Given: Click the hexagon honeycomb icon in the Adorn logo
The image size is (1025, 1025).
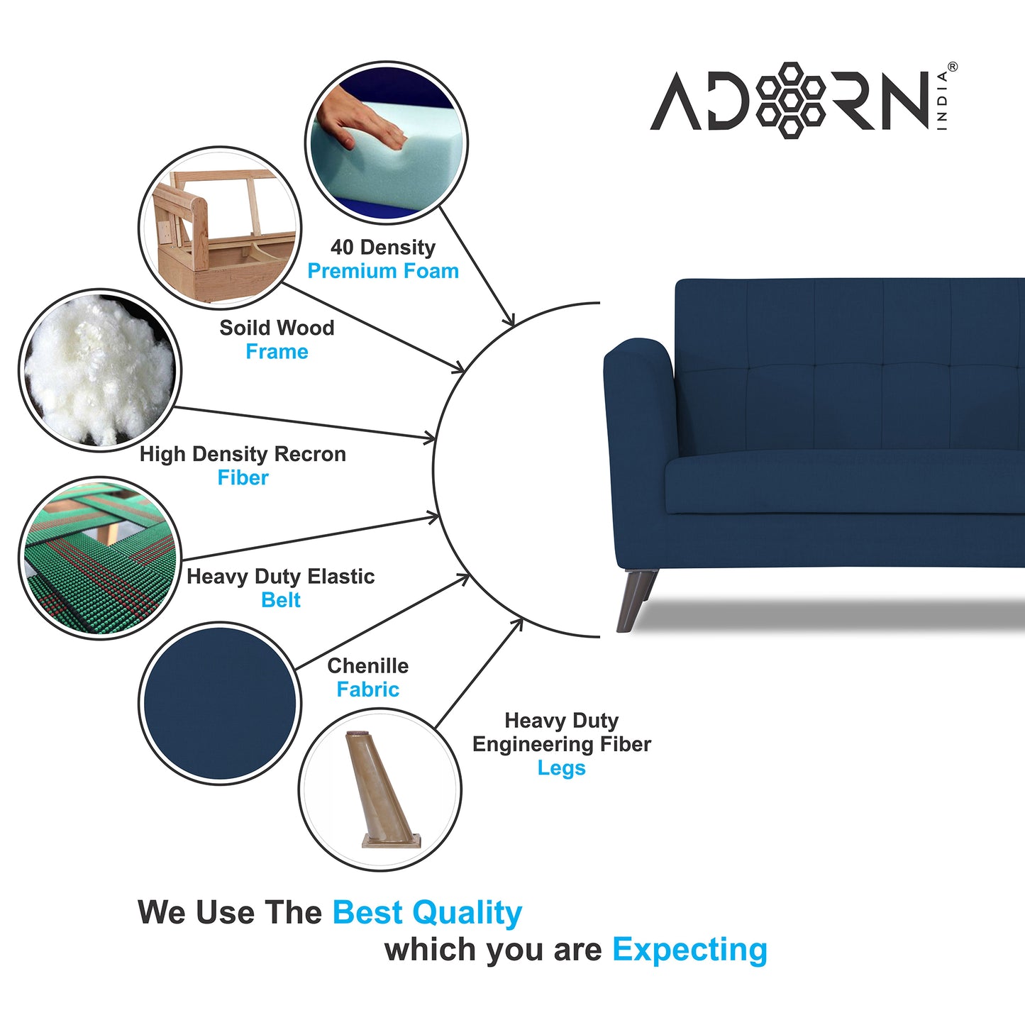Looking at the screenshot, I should click(790, 100).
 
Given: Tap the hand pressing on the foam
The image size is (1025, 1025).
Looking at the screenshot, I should click(361, 121).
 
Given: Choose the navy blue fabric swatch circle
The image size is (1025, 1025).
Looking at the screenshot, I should click(219, 703).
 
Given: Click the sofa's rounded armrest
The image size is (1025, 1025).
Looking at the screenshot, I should click(638, 355).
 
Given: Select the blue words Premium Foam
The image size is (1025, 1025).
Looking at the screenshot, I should click(383, 271).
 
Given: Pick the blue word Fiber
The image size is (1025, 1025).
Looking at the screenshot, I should click(243, 478).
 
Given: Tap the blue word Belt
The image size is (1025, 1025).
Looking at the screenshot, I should click(281, 600).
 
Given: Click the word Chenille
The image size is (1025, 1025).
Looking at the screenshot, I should click(367, 666).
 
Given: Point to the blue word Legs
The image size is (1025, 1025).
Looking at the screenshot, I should click(561, 768).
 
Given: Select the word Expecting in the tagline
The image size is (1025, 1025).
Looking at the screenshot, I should click(689, 950).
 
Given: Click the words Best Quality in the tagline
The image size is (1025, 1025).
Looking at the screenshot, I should click(427, 913).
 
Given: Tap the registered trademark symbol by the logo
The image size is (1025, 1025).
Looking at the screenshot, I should click(952, 67).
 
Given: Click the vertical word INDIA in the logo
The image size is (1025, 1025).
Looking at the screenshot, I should click(942, 101).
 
